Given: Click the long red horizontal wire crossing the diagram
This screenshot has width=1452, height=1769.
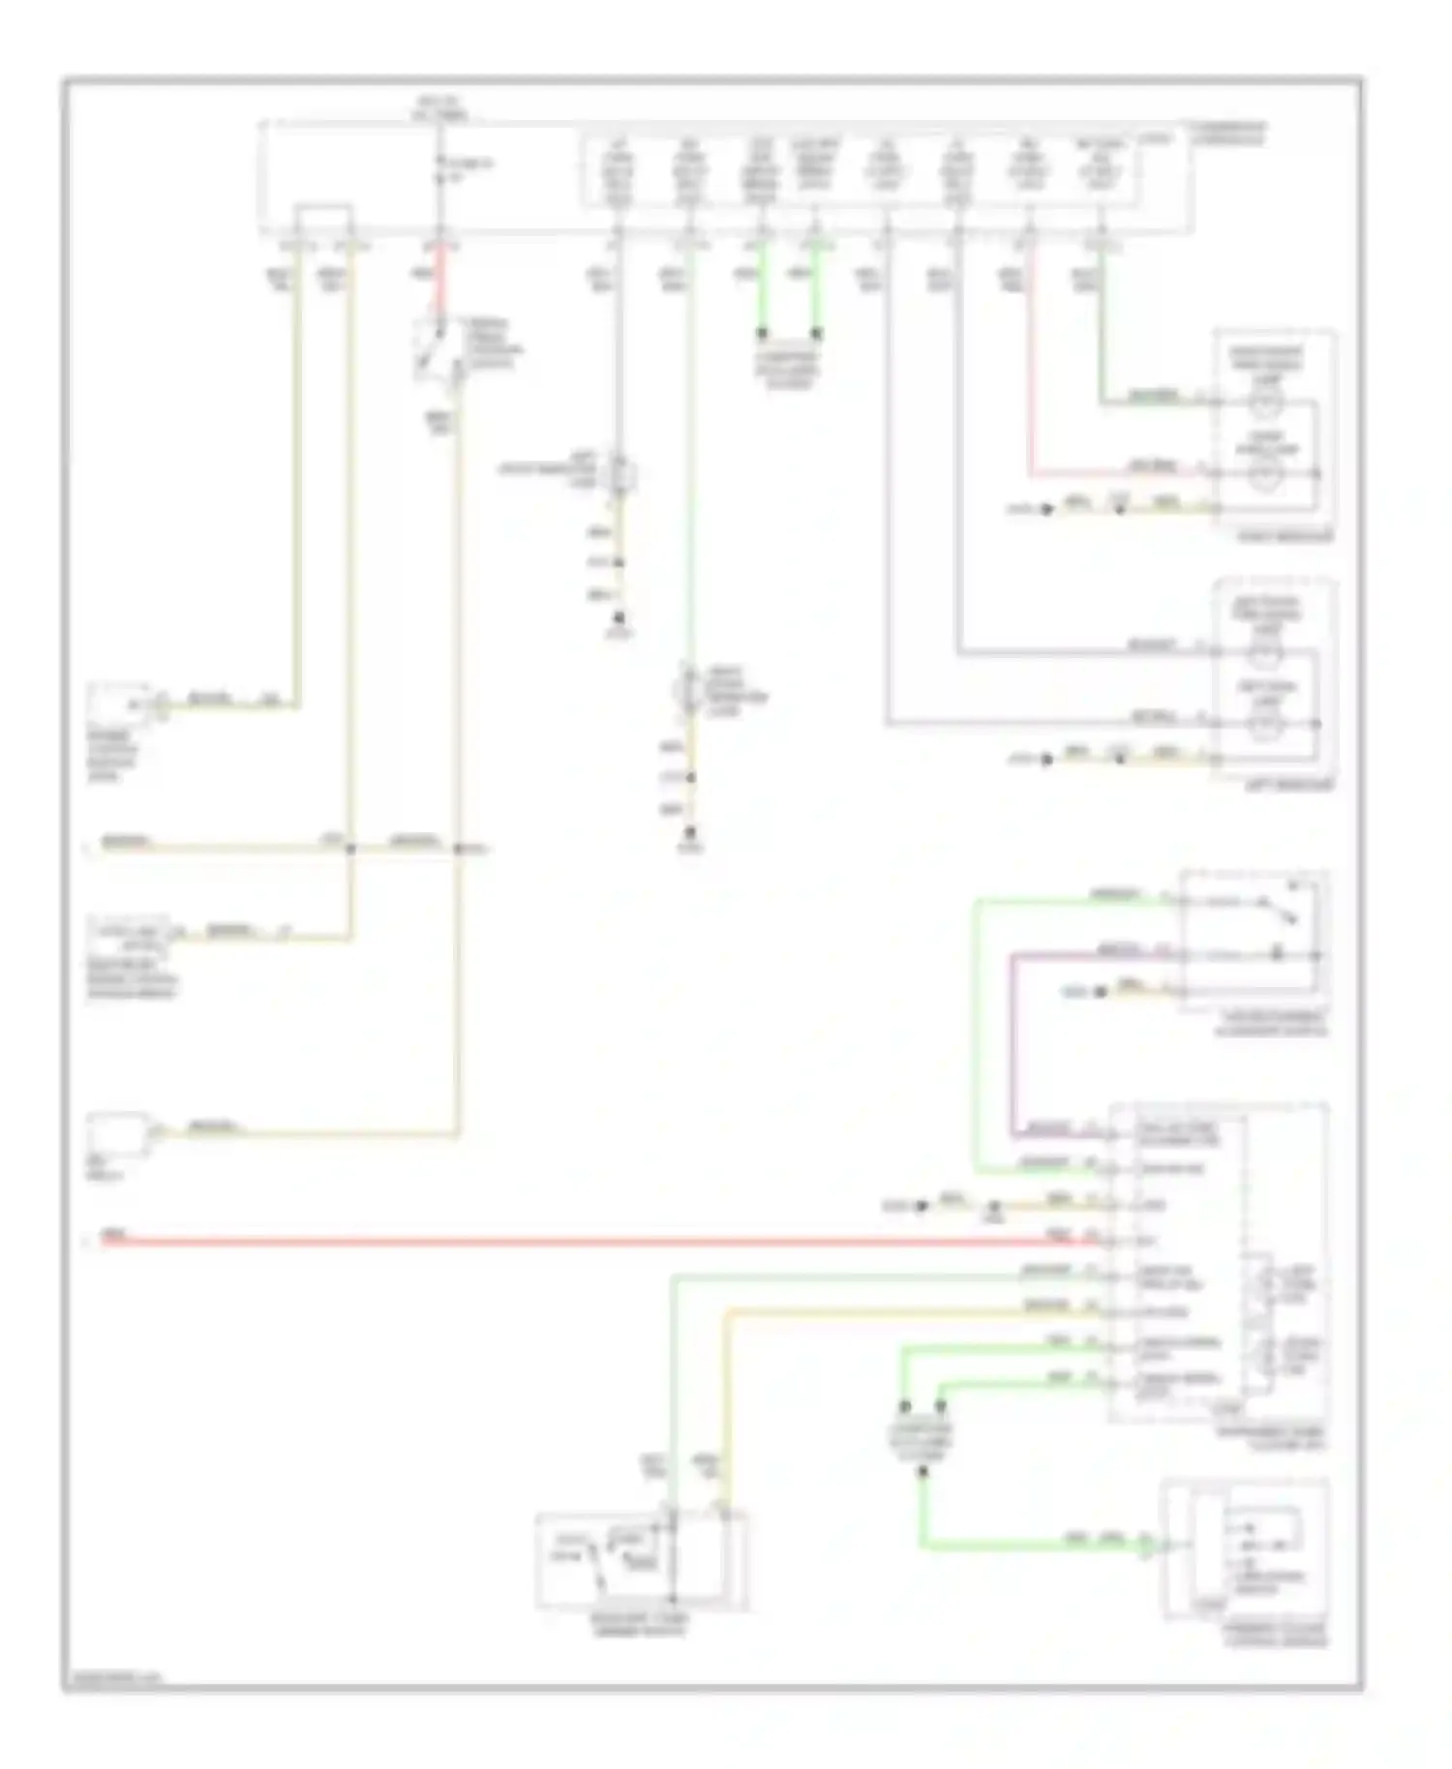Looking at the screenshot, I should [x=581, y=1240].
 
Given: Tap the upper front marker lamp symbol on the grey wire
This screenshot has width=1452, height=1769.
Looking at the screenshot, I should [x=620, y=474].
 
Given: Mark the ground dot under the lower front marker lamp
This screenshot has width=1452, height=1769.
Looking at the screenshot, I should [x=690, y=832].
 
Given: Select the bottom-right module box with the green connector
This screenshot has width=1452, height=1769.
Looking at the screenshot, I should [x=1246, y=1562].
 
